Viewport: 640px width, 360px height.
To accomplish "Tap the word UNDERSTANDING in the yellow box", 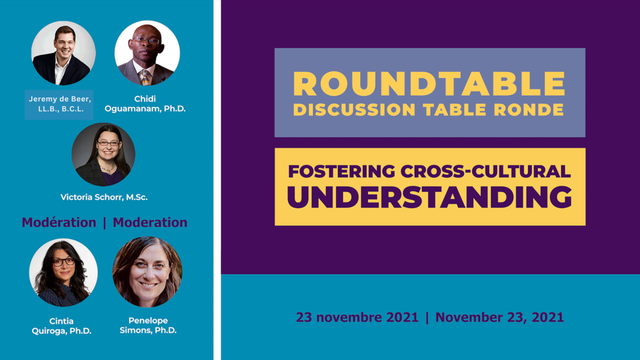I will [x=429, y=197].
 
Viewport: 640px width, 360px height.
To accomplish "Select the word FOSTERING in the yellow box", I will [x=341, y=171].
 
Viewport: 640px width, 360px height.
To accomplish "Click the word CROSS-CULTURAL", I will [x=485, y=171].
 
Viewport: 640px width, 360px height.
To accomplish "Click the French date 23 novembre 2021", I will [x=357, y=317].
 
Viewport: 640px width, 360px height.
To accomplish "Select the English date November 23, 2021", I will [x=499, y=317].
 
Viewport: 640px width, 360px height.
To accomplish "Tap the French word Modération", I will [x=59, y=222].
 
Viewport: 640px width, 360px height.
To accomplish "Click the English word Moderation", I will [x=150, y=222].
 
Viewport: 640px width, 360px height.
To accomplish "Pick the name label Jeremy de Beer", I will [x=60, y=104].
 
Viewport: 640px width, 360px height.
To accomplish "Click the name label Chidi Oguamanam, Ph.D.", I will [x=145, y=104].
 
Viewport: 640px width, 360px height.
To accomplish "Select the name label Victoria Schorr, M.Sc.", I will [x=104, y=197].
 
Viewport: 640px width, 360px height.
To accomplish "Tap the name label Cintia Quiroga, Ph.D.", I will [x=61, y=326].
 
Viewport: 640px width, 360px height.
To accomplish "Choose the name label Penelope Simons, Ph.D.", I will [x=148, y=325].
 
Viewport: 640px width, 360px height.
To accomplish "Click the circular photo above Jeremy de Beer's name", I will [x=64, y=53].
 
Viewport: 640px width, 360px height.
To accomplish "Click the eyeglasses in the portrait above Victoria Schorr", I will [x=108, y=143].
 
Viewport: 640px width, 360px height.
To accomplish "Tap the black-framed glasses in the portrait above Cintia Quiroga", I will [x=64, y=262].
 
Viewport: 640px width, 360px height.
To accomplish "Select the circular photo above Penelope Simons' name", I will [x=148, y=272].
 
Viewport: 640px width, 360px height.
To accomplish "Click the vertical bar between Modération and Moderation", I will [x=104, y=223].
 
